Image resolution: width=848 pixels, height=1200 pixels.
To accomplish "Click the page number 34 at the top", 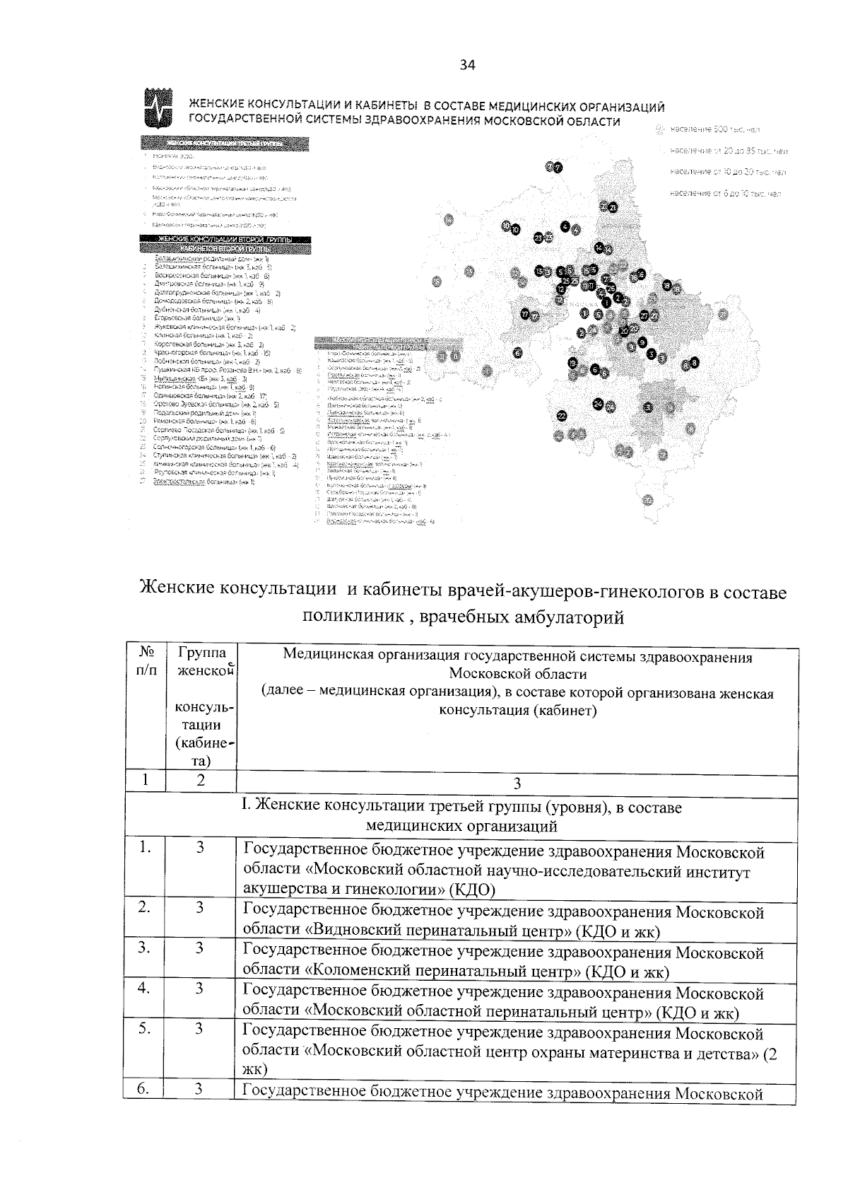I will pos(468,66).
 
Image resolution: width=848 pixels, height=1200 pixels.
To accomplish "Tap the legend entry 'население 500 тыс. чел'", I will pos(714,129).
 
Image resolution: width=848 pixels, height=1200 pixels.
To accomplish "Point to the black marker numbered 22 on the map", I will pos(562,415).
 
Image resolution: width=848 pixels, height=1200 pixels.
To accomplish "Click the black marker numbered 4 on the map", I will pos(565,226).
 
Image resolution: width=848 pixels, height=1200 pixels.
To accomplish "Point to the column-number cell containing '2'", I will pos(201,781).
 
